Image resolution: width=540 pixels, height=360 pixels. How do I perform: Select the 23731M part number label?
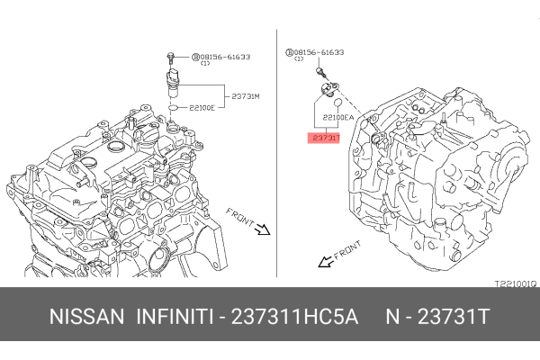pos(245,96)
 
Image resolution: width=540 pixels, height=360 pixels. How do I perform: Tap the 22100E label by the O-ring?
pos(202,108)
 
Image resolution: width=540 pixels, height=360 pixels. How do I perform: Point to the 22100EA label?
pos(337,118)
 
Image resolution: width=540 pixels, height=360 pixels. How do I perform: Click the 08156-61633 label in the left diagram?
pos(225,57)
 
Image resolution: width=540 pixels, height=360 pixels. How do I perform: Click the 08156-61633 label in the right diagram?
pos(319,52)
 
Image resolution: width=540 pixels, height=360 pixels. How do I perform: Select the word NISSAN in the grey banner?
pos(86,317)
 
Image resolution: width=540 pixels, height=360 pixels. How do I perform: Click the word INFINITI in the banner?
pos(175,317)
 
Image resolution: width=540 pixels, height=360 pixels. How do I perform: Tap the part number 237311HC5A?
pos(295,317)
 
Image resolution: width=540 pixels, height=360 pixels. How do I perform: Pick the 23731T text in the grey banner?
pos(454,317)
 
